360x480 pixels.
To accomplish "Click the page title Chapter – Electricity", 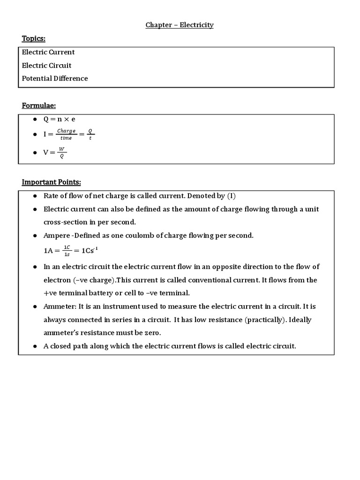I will pyautogui.click(x=180, y=25).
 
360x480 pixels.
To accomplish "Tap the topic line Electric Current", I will pyautogui.click(x=48, y=52).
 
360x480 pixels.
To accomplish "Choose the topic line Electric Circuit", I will pyautogui.click(x=47, y=65).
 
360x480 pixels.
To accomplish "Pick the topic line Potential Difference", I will pyautogui.click(x=55, y=78).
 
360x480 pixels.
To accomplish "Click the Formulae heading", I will pyautogui.click(x=36, y=106).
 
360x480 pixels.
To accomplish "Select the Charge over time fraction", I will pyautogui.click(x=66, y=135).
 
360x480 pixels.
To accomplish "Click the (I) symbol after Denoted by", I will pyautogui.click(x=232, y=196).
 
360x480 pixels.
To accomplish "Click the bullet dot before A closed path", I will pyautogui.click(x=35, y=346).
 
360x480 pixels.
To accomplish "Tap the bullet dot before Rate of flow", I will pyautogui.click(x=35, y=196).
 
